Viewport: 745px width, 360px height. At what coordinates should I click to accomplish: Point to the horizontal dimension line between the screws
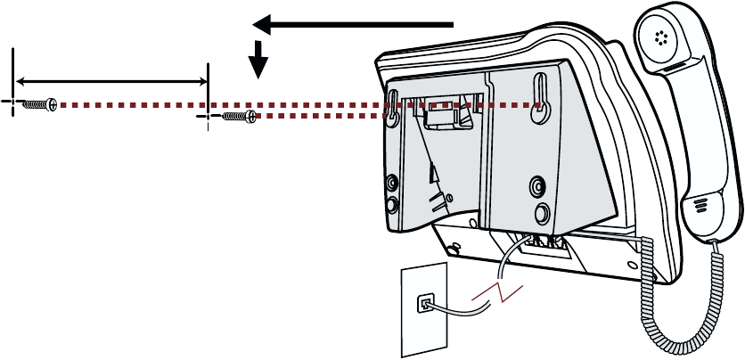pyautogui.click(x=111, y=82)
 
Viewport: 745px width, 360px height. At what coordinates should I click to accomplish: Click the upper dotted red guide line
pyautogui.click(x=294, y=104)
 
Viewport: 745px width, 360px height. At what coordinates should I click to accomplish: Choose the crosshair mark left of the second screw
pyautogui.click(x=207, y=116)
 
